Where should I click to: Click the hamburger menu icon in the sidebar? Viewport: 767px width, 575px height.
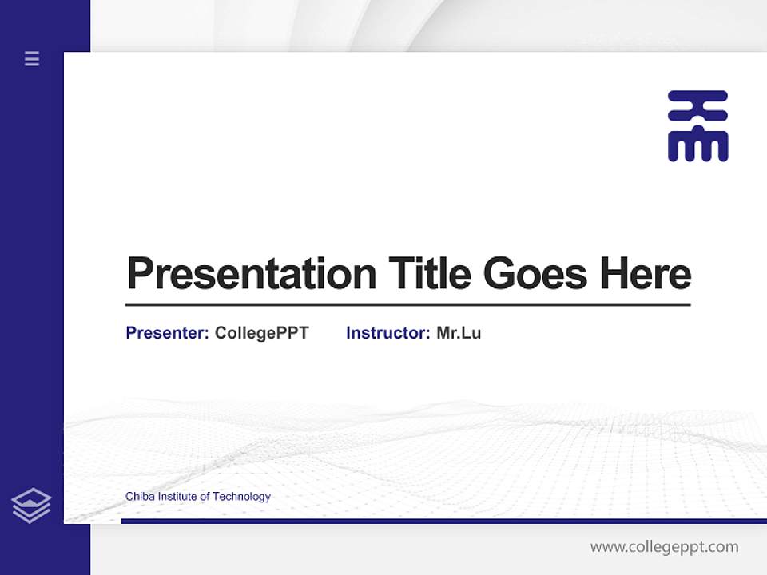(x=32, y=58)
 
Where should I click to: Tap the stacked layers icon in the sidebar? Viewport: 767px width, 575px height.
(x=31, y=506)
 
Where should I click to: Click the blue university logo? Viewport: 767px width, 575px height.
(x=697, y=126)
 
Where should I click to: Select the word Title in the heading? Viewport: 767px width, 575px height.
(x=429, y=274)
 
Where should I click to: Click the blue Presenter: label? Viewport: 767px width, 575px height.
(x=167, y=333)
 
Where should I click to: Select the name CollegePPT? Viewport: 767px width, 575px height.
(x=261, y=333)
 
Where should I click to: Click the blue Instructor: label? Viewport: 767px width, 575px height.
(x=387, y=333)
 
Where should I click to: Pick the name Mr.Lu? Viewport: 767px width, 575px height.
(x=459, y=333)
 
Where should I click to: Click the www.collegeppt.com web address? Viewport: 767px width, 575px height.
(x=664, y=547)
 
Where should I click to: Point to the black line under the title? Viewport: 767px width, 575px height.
(x=407, y=304)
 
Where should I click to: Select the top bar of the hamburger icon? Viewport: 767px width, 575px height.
(x=32, y=53)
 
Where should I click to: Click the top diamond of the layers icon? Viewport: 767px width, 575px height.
(x=31, y=498)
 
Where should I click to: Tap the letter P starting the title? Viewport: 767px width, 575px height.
(x=139, y=274)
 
